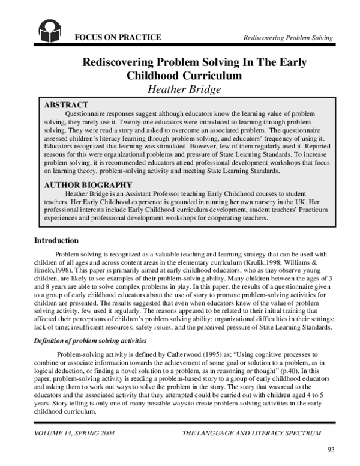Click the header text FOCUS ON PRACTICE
tap(117, 38)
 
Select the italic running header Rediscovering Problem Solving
tap(288, 38)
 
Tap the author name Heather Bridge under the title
tap(184, 90)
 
